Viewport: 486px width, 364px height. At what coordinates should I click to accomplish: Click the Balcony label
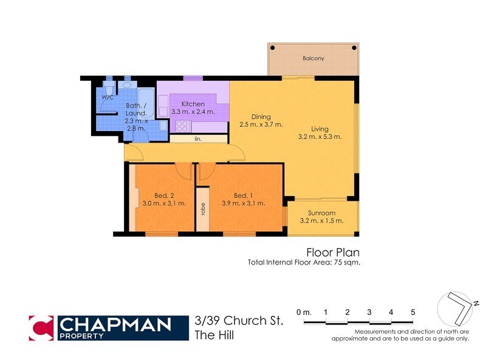[313, 59]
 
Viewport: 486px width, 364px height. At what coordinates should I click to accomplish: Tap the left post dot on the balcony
[273, 48]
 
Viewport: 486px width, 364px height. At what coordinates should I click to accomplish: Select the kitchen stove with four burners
[182, 127]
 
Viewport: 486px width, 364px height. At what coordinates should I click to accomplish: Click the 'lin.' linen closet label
[197, 140]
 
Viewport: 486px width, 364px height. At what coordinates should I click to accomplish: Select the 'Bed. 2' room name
[165, 195]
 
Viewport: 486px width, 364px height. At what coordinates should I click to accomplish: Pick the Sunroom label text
[322, 213]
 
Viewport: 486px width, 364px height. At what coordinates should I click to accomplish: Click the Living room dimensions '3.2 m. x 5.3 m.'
[320, 137]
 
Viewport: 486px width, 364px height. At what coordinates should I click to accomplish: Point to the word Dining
[261, 117]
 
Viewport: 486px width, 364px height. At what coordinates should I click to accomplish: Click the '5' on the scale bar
[412, 312]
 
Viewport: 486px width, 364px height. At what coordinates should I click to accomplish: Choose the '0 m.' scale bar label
[304, 312]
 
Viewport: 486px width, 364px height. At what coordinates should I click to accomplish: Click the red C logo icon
[41, 328]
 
